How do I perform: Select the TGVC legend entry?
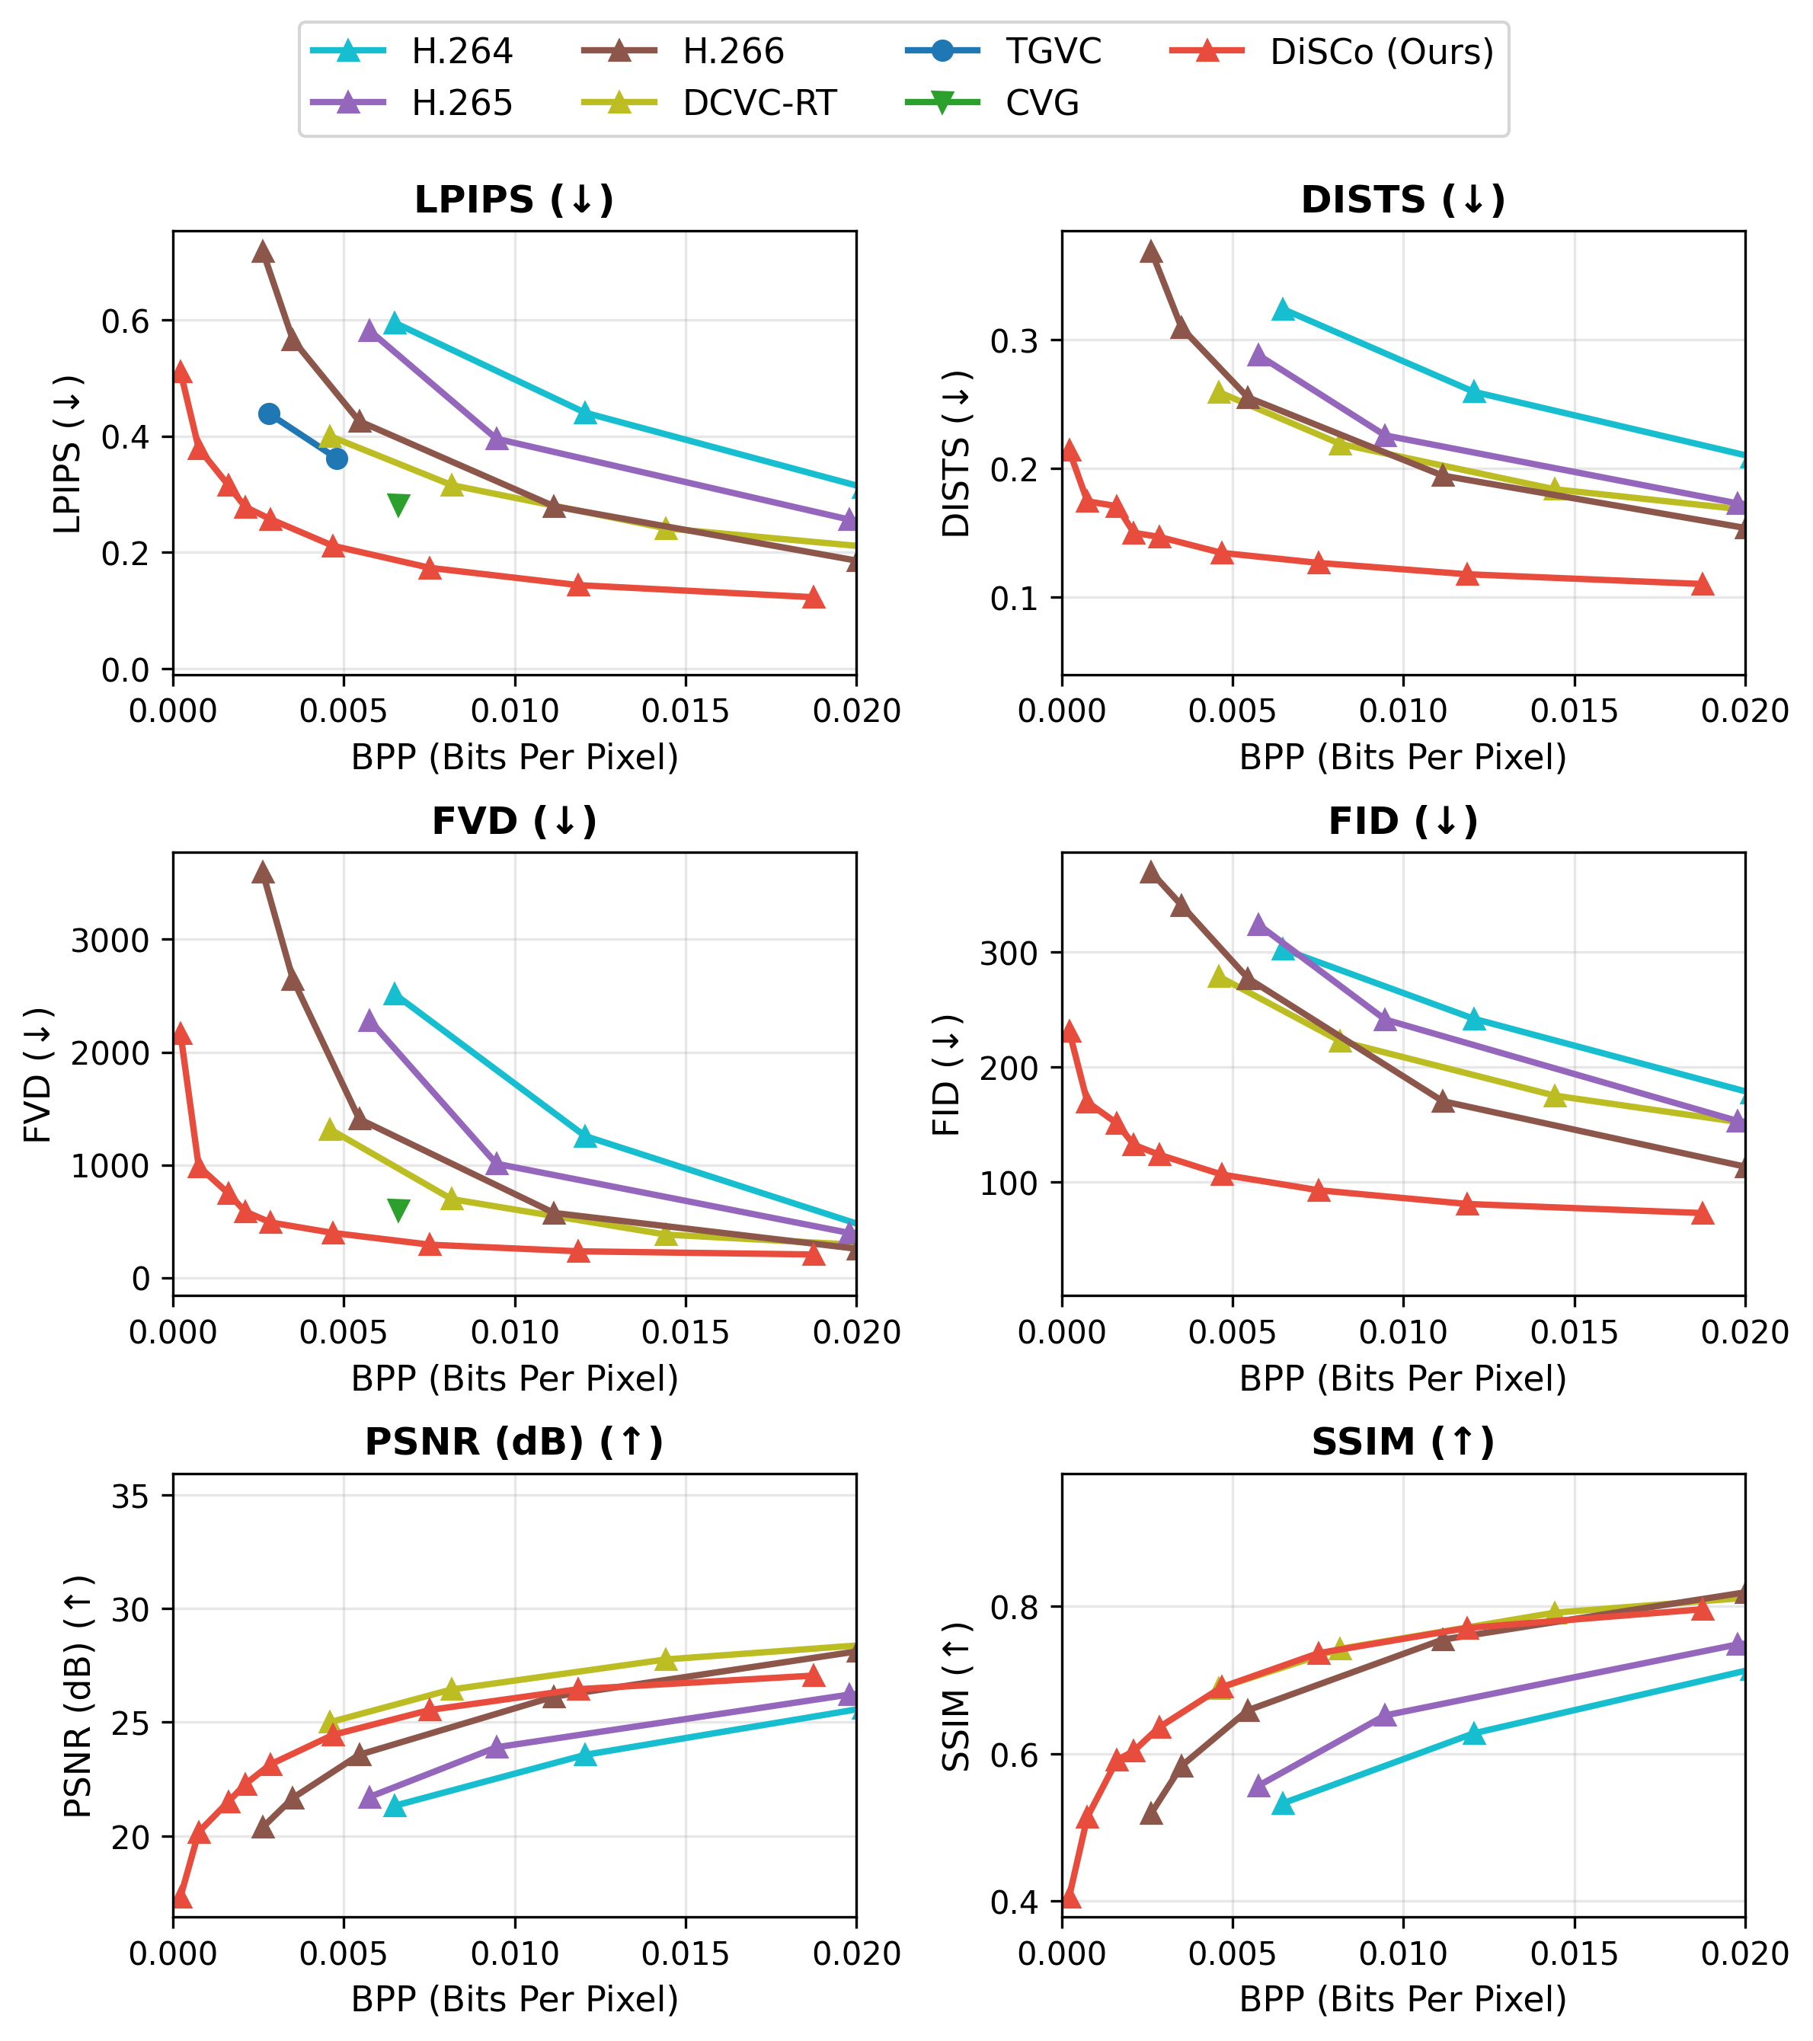coord(1053,52)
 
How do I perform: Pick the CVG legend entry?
coord(1042,104)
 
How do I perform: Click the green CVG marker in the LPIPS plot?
coord(398,505)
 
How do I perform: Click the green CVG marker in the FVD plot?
coord(398,1210)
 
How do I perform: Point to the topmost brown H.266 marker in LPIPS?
coord(263,251)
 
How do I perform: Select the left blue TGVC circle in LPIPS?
coord(269,414)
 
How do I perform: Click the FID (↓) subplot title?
coord(1402,822)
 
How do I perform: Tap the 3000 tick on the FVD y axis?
coord(110,941)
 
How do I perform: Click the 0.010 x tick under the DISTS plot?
coord(1402,711)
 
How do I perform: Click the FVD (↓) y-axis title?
coord(38,1075)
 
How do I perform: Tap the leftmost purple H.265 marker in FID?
coord(1258,925)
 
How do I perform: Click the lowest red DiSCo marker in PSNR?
coord(181,1897)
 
